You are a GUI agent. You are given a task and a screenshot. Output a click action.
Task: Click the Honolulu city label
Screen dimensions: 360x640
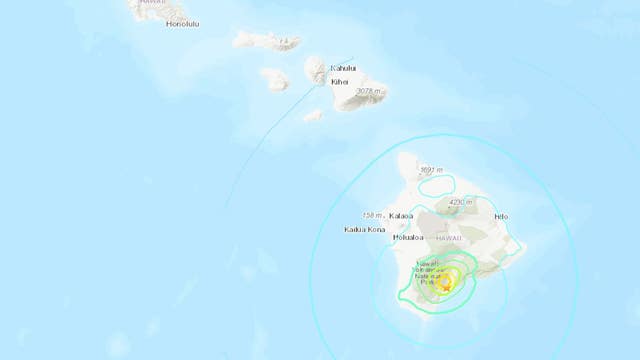click(x=182, y=23)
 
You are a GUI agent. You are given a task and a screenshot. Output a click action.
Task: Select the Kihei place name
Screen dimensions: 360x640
click(x=340, y=82)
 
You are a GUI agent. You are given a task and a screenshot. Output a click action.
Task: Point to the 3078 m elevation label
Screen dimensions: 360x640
click(x=369, y=92)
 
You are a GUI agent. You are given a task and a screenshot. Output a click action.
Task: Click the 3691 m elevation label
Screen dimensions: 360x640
click(x=432, y=169)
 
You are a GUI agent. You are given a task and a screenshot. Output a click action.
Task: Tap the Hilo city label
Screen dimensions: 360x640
click(x=501, y=216)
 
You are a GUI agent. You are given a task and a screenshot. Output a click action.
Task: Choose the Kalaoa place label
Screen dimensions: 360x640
click(x=401, y=215)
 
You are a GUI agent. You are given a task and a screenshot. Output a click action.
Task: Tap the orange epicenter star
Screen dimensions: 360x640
click(x=446, y=288)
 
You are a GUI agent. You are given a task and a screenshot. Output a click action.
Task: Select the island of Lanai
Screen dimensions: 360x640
click(x=273, y=77)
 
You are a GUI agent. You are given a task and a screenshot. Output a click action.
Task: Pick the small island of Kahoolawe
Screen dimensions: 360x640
click(x=313, y=115)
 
